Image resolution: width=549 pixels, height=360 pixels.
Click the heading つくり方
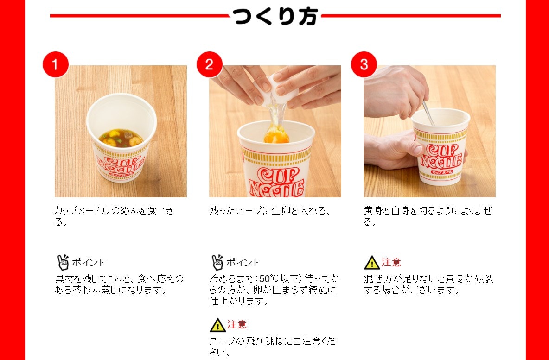(x=275, y=16)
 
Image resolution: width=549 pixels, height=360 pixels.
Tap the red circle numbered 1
(x=55, y=64)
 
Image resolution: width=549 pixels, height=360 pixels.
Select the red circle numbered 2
(x=210, y=64)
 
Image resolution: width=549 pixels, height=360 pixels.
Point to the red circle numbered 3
(x=364, y=64)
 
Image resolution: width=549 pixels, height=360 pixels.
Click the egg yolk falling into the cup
(x=277, y=135)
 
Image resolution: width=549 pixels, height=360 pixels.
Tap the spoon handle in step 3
(x=428, y=113)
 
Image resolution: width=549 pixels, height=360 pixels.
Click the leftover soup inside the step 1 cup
(x=121, y=138)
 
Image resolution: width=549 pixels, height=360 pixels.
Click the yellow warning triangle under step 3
(x=371, y=263)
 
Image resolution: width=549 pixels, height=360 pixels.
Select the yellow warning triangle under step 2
(x=217, y=325)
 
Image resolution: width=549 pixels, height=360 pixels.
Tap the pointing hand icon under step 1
(x=63, y=262)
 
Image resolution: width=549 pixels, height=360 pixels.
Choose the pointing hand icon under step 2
(x=217, y=262)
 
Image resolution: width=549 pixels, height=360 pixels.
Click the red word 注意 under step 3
(x=391, y=262)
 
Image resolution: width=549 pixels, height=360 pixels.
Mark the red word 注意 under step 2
(x=237, y=325)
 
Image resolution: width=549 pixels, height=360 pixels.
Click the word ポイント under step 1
(x=88, y=263)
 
